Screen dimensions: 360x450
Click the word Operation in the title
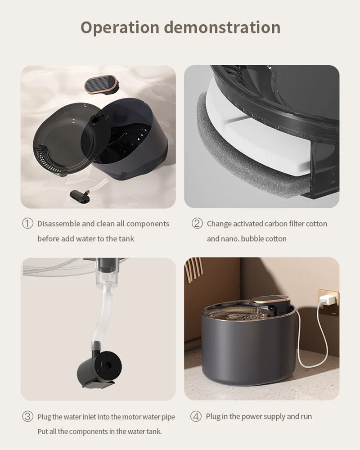tap(120, 28)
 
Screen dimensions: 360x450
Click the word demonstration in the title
tap(222, 27)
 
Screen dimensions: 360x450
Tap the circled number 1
tap(27, 223)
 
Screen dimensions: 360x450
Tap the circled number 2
tap(197, 223)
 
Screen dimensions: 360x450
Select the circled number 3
tap(27, 416)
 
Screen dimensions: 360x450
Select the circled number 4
tap(196, 416)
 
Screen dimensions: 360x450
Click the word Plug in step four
tap(213, 416)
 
